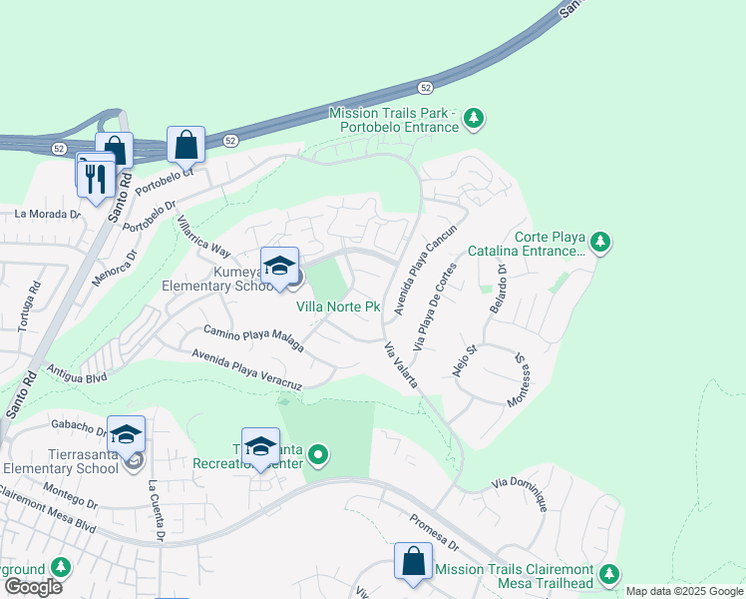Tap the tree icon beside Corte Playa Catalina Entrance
click(x=599, y=242)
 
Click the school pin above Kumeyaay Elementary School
click(x=279, y=267)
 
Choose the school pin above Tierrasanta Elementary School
click(x=127, y=435)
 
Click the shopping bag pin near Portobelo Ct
click(x=186, y=146)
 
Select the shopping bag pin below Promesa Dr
click(x=413, y=563)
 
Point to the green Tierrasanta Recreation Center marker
click(x=318, y=457)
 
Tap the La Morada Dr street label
click(x=46, y=214)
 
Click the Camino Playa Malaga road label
click(x=253, y=337)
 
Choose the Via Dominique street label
click(x=520, y=493)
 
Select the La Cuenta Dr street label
click(x=157, y=510)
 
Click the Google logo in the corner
click(x=32, y=587)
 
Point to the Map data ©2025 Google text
click(x=684, y=591)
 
